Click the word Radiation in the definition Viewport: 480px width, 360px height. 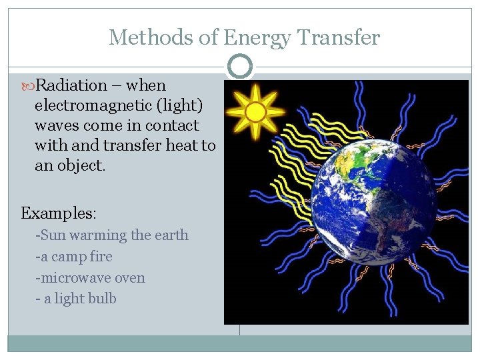(x=71, y=85)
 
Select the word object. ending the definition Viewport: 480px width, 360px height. (x=79, y=165)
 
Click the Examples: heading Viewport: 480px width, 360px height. (x=59, y=213)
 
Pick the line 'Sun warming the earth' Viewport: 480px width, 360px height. (x=112, y=235)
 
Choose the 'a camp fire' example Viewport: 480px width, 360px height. (x=74, y=257)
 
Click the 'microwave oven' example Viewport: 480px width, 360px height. (x=90, y=278)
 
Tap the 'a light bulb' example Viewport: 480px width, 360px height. (x=76, y=299)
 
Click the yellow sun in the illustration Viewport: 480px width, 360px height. (x=255, y=112)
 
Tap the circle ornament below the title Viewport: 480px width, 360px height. (x=240, y=67)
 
